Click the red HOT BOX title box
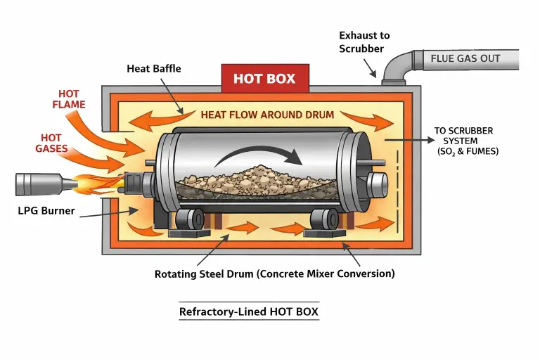pyautogui.click(x=264, y=79)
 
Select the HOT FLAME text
pyautogui.click(x=69, y=99)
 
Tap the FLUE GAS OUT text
pyautogui.click(x=465, y=58)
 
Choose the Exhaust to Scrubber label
pyautogui.click(x=364, y=41)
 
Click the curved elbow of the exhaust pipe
pyautogui.click(x=394, y=64)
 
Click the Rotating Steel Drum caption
pyautogui.click(x=274, y=274)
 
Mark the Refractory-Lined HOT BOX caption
pyautogui.click(x=249, y=311)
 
